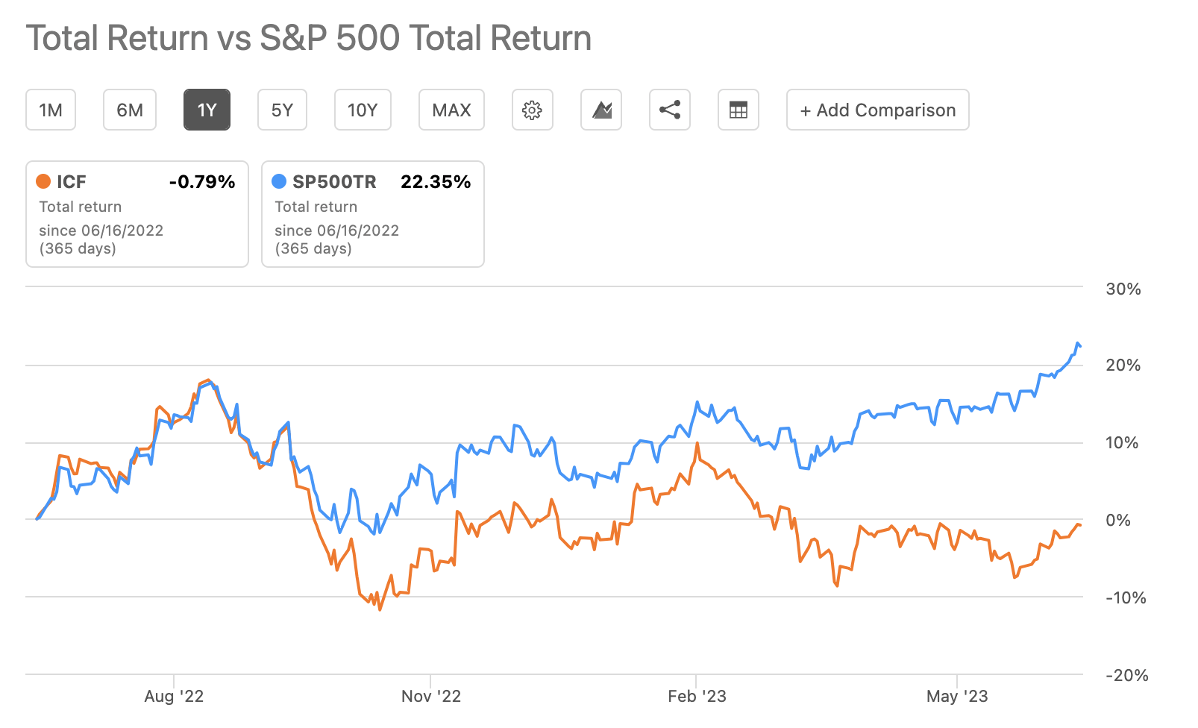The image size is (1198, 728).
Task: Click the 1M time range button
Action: point(51,110)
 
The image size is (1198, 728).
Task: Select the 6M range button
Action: point(130,110)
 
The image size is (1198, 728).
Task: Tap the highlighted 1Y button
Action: point(207,110)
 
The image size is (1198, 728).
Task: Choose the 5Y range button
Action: point(282,110)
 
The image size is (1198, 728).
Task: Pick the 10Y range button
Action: point(363,110)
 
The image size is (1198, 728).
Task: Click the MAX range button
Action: point(451,110)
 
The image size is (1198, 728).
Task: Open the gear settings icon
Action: point(532,110)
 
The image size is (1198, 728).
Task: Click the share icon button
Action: point(669,110)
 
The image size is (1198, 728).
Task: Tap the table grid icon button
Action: point(738,110)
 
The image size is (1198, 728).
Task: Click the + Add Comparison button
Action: point(877,110)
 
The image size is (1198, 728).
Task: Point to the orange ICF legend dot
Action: point(43,181)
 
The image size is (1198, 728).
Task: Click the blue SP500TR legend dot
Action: point(279,181)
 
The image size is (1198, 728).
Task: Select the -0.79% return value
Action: point(202,182)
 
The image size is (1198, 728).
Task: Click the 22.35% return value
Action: point(436,182)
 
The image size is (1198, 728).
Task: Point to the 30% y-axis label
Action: point(1123,289)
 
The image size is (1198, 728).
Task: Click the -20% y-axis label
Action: point(1126,676)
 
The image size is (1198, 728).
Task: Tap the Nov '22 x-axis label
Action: point(431,697)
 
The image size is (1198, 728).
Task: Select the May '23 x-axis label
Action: point(957,697)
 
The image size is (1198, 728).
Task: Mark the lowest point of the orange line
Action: point(380,609)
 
